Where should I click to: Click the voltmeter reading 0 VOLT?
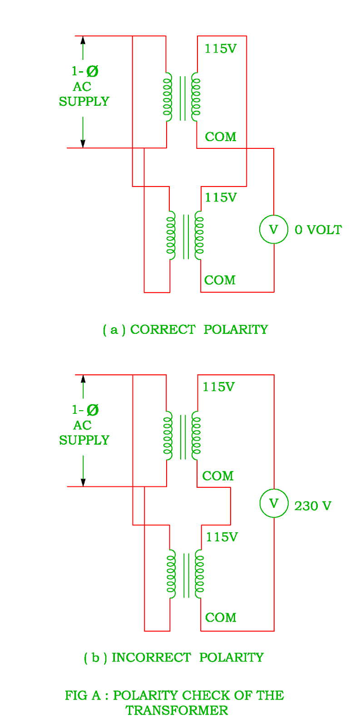pyautogui.click(x=273, y=229)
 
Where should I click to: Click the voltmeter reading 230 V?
pyautogui.click(x=274, y=503)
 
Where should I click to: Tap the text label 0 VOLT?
pyautogui.click(x=318, y=230)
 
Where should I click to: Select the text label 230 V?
pyautogui.click(x=312, y=506)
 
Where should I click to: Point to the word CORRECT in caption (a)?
pyautogui.click(x=163, y=329)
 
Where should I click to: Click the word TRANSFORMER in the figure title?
pyautogui.click(x=177, y=711)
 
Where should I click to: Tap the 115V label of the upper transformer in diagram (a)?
pyautogui.click(x=220, y=49)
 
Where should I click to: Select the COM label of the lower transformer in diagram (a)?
pyautogui.click(x=220, y=280)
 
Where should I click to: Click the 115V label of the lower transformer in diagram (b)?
pyautogui.click(x=222, y=537)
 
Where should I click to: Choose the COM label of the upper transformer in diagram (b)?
pyautogui.click(x=217, y=476)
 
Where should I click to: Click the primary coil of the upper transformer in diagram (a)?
pyautogui.click(x=168, y=97)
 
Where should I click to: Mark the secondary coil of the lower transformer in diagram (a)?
pyautogui.click(x=199, y=235)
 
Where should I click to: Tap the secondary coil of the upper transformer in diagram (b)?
pyautogui.click(x=196, y=436)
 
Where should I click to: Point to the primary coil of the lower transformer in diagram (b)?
pyautogui.click(x=171, y=574)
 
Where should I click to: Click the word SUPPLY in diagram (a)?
pyautogui.click(x=84, y=101)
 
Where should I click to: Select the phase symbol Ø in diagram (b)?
pyautogui.click(x=92, y=410)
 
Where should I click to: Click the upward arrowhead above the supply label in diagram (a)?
pyautogui.click(x=83, y=40)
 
